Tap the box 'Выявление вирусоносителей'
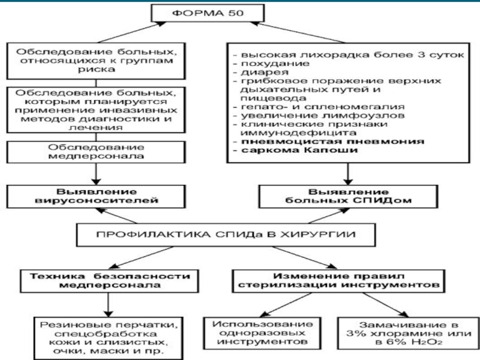click(x=96, y=196)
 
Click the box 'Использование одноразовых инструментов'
click(x=260, y=332)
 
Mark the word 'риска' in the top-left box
click(x=96, y=70)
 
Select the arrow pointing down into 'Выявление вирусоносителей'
click(x=97, y=175)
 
